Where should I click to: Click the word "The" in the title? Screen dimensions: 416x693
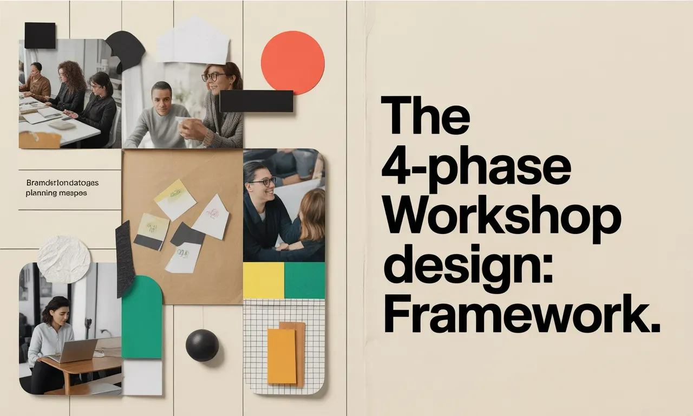425,115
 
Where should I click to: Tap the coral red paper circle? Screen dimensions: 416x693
292,62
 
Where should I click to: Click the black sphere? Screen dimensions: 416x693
202,345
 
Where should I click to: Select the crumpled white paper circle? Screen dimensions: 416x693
64,259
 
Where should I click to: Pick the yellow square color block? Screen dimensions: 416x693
264,281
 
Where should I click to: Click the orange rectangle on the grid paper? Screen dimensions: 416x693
282,356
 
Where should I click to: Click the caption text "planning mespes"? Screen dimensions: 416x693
56,193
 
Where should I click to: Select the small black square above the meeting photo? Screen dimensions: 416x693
40,36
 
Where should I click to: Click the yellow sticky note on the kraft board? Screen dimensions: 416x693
175,199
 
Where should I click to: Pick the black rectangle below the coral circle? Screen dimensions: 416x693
256,101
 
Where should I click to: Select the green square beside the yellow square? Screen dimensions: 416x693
304,281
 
